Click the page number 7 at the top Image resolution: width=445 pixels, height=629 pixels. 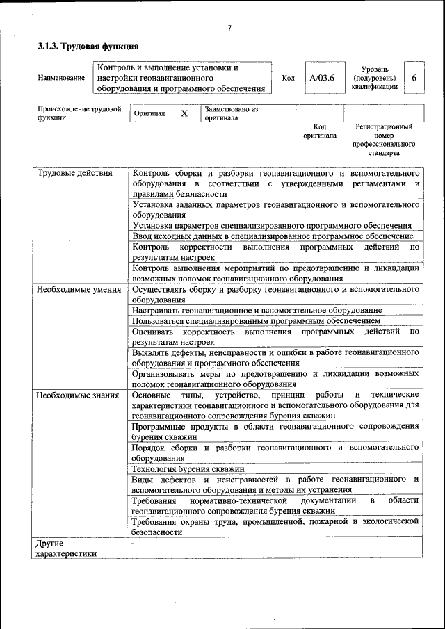[229, 28]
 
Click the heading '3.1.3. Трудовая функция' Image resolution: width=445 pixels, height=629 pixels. [88, 47]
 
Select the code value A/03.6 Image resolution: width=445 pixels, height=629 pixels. [322, 79]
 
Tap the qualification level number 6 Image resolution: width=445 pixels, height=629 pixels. [414, 79]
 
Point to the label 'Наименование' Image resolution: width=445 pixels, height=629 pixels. [61, 79]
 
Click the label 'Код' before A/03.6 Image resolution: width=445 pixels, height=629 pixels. [288, 79]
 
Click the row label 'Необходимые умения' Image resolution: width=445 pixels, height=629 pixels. [79, 289]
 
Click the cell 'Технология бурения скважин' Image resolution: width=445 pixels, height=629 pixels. [188, 469]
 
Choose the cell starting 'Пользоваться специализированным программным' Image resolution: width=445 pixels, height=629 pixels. [256, 321]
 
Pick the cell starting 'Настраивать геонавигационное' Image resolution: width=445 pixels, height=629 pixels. [256, 310]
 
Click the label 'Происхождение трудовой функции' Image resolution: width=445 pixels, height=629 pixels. [79, 113]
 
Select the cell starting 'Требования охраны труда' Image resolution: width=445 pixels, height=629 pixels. [275, 525]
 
